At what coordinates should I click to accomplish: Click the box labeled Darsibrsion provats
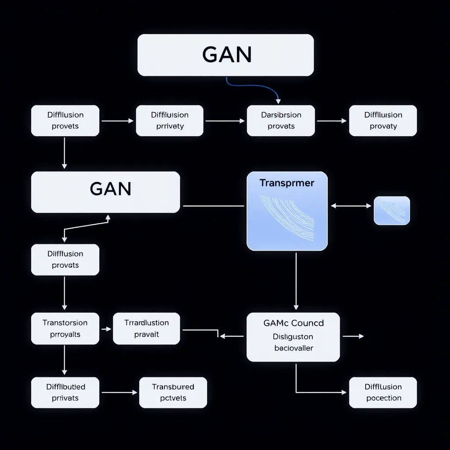281,120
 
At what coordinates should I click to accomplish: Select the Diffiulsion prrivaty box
170,120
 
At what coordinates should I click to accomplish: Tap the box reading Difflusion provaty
383,120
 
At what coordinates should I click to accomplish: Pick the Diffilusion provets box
65,120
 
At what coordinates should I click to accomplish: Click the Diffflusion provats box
65,260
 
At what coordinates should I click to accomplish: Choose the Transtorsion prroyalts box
65,328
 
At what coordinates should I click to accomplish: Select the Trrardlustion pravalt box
146,328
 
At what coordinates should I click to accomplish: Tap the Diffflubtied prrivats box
65,392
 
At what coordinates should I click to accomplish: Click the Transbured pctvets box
173,392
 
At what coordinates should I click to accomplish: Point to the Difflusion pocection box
383,392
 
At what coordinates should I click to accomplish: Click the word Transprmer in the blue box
287,183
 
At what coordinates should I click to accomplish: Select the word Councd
307,323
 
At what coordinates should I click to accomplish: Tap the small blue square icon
392,211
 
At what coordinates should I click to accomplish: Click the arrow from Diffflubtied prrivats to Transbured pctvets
119,392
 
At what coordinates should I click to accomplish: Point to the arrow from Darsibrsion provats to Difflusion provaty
331,120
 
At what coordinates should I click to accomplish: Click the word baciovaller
294,348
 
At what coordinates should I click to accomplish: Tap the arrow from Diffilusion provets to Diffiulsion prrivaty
117,120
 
